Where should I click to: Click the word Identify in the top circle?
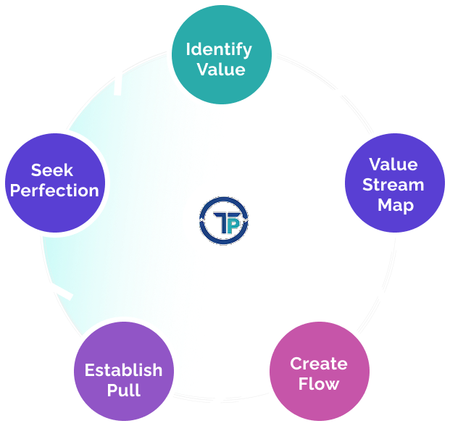tap(219, 50)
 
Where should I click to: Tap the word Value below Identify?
tap(219, 70)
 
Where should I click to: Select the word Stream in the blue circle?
tap(393, 185)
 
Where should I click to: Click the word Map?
tap(395, 205)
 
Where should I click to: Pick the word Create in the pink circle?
tap(319, 364)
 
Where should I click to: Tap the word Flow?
tap(319, 384)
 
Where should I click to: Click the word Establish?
tap(123, 370)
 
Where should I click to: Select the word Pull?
tap(123, 390)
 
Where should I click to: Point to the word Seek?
tap(52, 171)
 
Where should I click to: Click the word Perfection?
tap(54, 191)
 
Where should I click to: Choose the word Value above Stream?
tap(393, 164)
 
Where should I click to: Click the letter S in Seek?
tap(36, 171)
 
